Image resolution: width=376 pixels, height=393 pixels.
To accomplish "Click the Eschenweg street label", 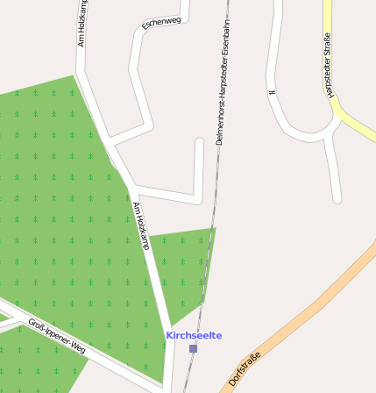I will (161, 22).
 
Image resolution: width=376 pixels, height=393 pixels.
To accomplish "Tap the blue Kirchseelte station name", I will (194, 335).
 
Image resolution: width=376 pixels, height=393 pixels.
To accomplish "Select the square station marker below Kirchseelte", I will (193, 348).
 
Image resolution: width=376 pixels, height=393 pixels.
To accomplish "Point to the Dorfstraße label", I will (245, 368).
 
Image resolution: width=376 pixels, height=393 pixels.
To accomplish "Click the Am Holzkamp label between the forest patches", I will (140, 225).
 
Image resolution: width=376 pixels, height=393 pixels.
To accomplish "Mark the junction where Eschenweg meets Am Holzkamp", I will (111, 140).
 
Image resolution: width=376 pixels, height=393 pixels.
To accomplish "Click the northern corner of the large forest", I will (74, 76).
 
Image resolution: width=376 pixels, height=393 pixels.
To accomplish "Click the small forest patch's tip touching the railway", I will (214, 228).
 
